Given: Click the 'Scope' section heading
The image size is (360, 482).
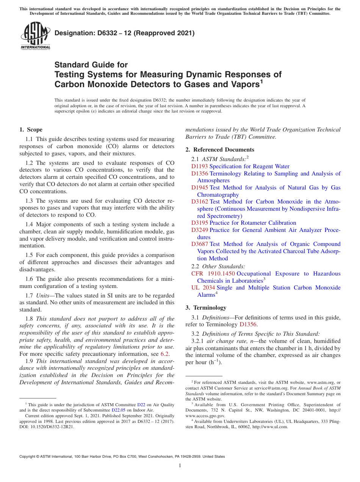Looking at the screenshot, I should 34,130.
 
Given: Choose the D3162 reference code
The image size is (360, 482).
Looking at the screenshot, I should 199,202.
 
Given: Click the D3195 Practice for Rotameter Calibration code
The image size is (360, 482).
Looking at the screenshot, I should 199,223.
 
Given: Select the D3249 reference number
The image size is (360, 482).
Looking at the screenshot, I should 199,230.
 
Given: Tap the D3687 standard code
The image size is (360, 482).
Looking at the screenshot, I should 199,244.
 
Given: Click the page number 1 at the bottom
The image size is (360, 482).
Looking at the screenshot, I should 180,466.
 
